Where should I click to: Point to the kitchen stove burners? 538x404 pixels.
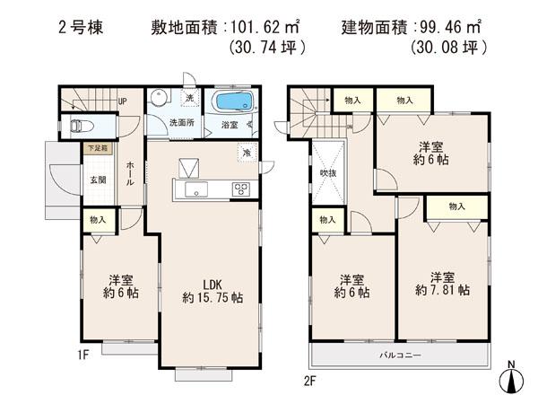pos(242,189)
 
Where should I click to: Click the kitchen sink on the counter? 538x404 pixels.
pos(195,189)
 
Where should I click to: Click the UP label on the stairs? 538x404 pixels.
pos(122,101)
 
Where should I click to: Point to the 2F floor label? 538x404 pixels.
pos(309,380)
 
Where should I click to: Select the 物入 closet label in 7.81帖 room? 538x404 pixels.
pos(456,206)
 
